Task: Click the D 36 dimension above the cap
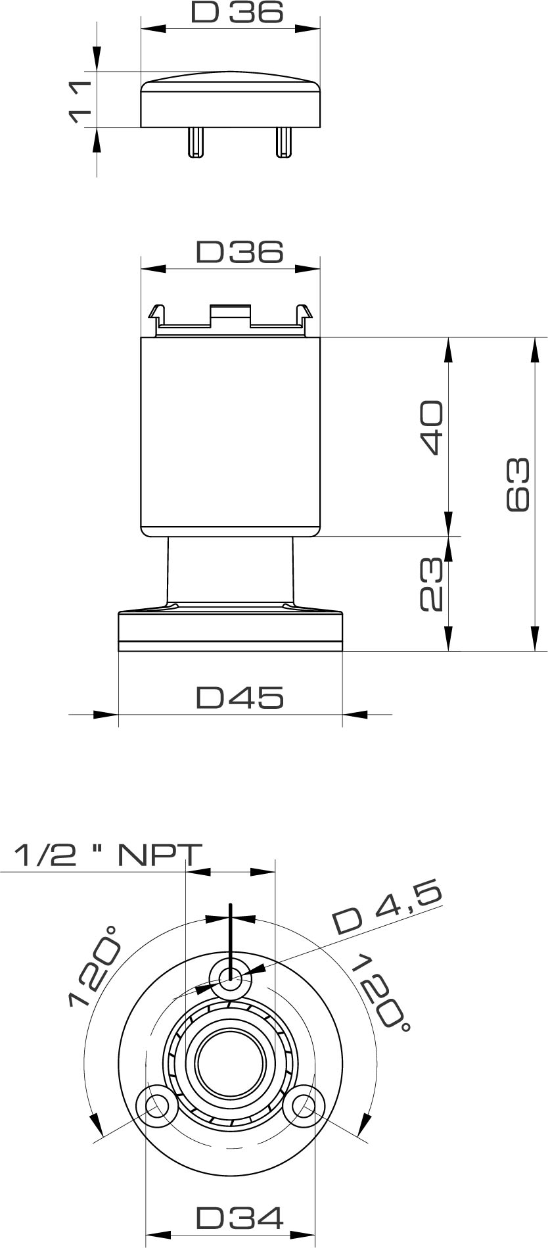(237, 12)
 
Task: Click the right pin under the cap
(284, 141)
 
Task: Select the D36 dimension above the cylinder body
(239, 252)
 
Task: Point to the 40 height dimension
(432, 426)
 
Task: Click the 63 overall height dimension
(518, 484)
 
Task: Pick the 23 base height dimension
(432, 585)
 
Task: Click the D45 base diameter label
(240, 698)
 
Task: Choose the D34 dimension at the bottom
(240, 1218)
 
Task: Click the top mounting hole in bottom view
(230, 975)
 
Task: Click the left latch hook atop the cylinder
(156, 314)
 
